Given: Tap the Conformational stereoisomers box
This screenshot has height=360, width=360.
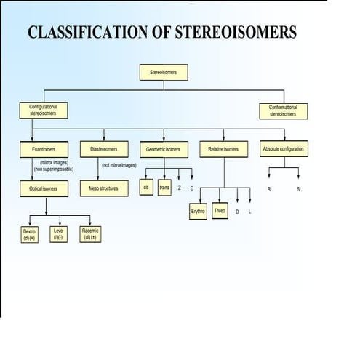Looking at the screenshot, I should [x=283, y=111].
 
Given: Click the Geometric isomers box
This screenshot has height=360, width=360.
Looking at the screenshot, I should [x=163, y=149].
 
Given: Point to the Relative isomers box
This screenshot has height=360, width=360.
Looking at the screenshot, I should [x=224, y=149].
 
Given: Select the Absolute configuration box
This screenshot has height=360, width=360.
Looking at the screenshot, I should [x=284, y=149].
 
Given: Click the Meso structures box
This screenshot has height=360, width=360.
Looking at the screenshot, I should [x=103, y=188].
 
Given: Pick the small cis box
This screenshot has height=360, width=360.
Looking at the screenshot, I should [x=147, y=187].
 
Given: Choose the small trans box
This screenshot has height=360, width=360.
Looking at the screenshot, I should [x=164, y=187].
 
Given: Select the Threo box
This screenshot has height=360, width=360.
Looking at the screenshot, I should [x=220, y=212].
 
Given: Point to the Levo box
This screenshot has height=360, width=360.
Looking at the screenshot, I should [x=58, y=233].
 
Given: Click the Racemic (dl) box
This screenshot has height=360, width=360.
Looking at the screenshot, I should [x=91, y=233].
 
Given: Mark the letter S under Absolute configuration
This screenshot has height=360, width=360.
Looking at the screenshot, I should [x=298, y=188].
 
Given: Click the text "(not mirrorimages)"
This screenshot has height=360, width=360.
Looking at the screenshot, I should [x=119, y=165].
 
